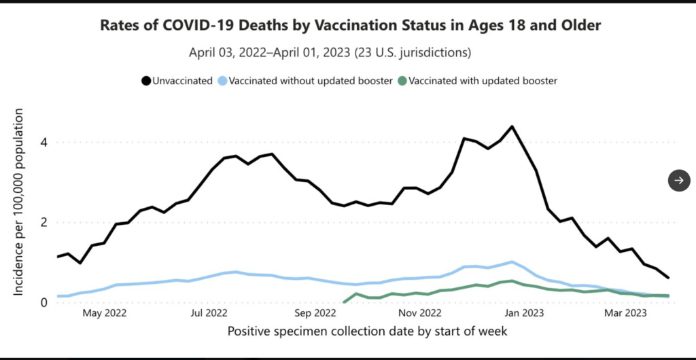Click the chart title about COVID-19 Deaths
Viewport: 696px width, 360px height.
[x=351, y=25]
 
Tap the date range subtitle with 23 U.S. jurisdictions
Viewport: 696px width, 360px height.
[x=330, y=53]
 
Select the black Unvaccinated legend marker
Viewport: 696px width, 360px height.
[x=146, y=81]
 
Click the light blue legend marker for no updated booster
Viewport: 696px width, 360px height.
[x=223, y=81]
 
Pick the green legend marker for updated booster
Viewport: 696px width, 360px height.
[x=402, y=81]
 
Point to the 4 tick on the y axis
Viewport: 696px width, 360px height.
[x=44, y=143]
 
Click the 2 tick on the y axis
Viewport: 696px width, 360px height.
[x=44, y=222]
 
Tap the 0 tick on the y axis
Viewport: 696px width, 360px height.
[x=44, y=302]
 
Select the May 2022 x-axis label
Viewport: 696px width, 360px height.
[x=105, y=314]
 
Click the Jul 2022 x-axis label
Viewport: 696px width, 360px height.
[x=209, y=314]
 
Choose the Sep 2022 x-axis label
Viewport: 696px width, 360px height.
[x=315, y=314]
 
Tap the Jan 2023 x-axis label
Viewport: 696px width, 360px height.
[x=525, y=314]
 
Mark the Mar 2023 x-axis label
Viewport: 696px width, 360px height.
[x=626, y=314]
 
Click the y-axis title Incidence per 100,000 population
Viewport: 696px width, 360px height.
[x=18, y=202]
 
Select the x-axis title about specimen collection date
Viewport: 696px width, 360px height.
[x=367, y=331]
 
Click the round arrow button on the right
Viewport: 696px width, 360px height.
[x=679, y=181]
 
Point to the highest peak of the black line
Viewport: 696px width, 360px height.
[x=512, y=126]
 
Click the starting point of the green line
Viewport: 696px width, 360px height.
[x=345, y=302]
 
